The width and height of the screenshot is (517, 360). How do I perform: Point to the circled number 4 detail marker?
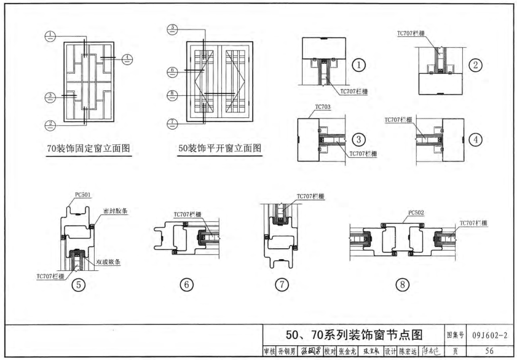476,138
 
